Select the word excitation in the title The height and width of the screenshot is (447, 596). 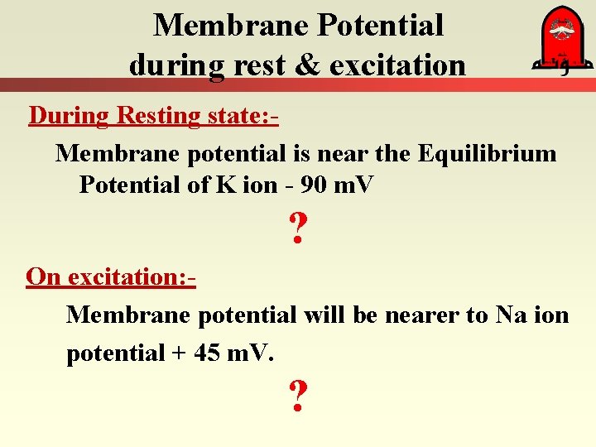pos(399,64)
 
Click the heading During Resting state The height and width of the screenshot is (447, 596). pos(153,116)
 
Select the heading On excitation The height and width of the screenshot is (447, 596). pos(111,276)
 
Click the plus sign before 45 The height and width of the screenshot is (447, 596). pos(179,353)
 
